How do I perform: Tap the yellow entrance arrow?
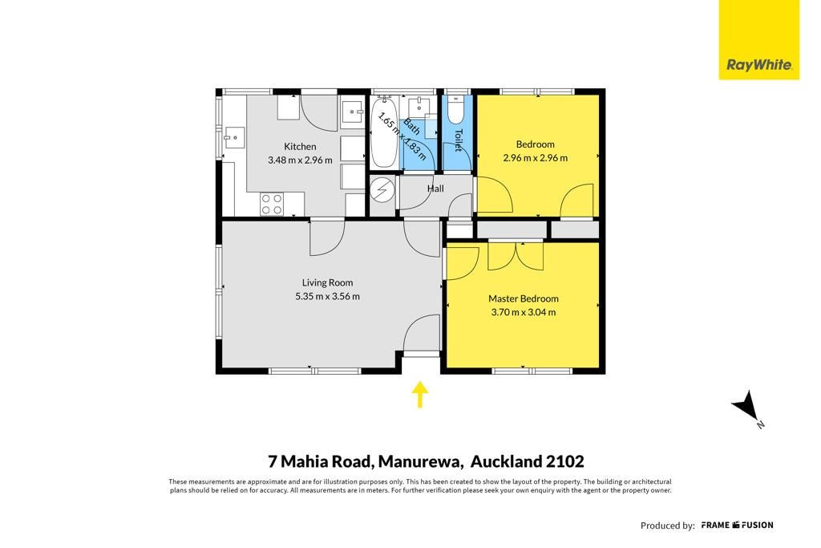[419, 395]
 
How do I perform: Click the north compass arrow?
[745, 406]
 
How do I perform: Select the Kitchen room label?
[300, 147]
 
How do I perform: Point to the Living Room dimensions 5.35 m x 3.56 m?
[327, 296]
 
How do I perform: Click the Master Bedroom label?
[523, 298]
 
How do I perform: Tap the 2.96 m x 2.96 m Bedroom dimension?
[535, 158]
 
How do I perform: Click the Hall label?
[435, 189]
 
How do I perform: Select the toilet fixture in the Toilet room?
[456, 108]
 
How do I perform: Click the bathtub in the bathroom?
[384, 132]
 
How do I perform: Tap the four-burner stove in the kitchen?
[272, 204]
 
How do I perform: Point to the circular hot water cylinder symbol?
[382, 190]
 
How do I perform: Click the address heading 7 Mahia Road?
[320, 461]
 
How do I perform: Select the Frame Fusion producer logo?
[737, 525]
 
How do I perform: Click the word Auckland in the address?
[506, 461]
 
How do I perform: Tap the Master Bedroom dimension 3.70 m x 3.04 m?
[523, 312]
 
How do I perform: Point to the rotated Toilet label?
[459, 140]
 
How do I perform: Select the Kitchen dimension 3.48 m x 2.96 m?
[300, 160]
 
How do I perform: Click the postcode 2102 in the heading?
[565, 461]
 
